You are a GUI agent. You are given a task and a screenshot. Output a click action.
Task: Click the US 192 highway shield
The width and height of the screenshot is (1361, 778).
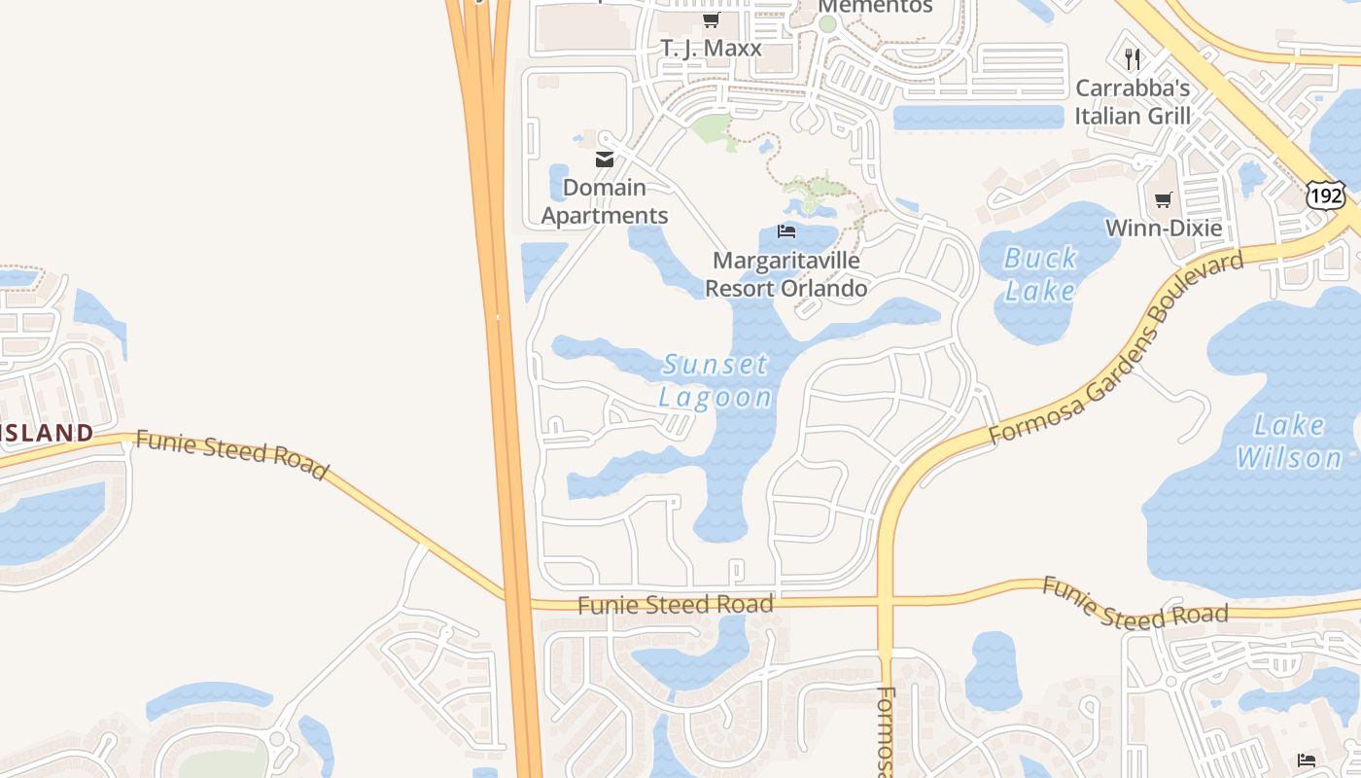point(1325,196)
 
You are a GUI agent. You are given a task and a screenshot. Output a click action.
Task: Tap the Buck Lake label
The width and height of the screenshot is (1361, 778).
point(1040,274)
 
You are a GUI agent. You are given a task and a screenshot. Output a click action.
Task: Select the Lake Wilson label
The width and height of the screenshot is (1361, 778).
point(1289,441)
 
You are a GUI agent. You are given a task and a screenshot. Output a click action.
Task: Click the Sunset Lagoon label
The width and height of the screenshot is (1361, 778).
point(716,380)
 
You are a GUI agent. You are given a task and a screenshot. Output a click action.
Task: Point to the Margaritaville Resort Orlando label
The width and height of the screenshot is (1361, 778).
point(785,274)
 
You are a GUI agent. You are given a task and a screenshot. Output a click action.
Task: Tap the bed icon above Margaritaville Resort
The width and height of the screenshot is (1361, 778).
point(786,231)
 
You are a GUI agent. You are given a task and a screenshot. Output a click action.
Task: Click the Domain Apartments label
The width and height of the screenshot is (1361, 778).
point(605,201)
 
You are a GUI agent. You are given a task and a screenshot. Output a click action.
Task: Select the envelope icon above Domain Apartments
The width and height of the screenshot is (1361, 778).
point(605,159)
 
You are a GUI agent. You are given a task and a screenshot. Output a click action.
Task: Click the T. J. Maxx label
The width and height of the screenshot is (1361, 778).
point(711,48)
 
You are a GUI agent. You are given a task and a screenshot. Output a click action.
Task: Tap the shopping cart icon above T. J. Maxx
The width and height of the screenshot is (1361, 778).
point(711,20)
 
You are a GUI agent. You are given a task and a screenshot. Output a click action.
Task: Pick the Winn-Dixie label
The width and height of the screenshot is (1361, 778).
point(1164,229)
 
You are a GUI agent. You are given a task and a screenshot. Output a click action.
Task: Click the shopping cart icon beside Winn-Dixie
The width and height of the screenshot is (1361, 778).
point(1163,200)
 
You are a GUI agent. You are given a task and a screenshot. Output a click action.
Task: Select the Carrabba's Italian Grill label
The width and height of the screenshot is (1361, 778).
point(1133,101)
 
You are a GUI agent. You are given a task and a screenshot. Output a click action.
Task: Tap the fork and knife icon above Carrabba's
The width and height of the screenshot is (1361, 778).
point(1132,59)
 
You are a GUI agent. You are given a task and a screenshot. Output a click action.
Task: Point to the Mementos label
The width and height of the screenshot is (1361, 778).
point(875,6)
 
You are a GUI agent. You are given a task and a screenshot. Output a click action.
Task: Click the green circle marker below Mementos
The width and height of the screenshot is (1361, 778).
point(827,24)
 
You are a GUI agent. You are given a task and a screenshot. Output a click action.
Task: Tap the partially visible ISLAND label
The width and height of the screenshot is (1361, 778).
point(47,433)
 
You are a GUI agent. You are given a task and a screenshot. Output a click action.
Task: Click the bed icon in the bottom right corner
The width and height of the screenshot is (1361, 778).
point(1306,760)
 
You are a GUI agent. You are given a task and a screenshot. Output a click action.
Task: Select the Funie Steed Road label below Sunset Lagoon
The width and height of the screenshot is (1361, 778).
point(676,604)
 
